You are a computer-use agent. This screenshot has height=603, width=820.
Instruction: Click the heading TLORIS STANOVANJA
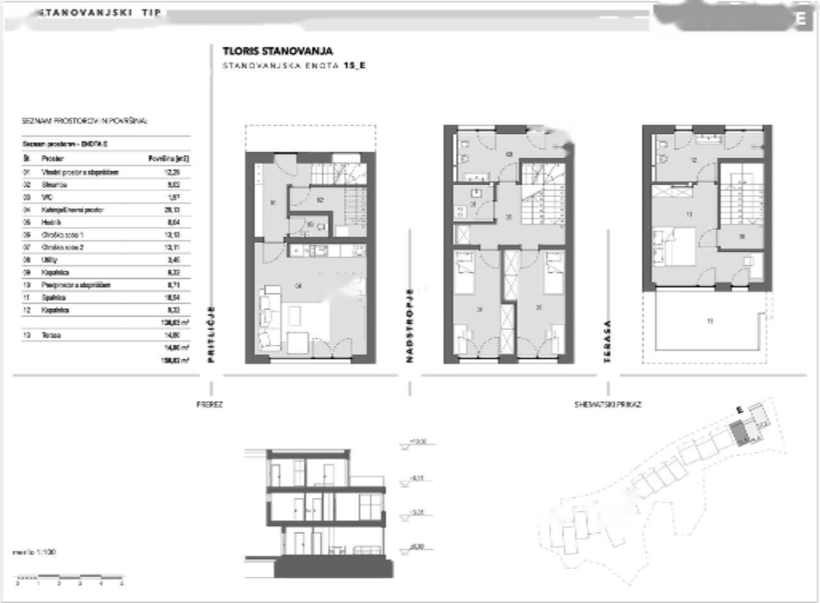277,51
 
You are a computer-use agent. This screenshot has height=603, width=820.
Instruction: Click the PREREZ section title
209,405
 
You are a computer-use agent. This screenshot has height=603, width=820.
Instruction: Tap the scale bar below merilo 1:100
69,577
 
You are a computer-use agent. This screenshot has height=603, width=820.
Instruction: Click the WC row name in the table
46,197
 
